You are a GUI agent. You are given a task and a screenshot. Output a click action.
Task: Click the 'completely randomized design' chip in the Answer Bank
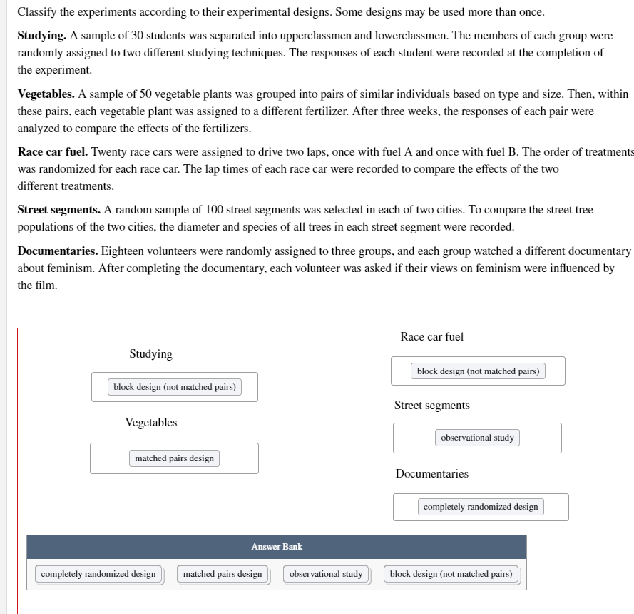[98, 574]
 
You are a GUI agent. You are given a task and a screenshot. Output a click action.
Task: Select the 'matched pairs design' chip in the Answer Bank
[223, 574]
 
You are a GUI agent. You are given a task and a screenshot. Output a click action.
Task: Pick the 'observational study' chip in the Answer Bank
[326, 574]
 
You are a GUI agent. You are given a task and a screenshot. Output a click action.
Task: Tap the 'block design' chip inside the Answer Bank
[451, 574]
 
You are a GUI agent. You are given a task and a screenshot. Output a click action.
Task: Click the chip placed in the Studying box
[175, 387]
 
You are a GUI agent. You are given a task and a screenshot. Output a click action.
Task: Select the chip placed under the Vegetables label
[174, 458]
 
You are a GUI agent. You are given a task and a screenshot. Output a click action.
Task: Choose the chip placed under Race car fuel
[478, 371]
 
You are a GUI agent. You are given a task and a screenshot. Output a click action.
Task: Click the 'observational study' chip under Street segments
[477, 438]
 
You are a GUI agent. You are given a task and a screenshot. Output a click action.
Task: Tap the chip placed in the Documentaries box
[481, 507]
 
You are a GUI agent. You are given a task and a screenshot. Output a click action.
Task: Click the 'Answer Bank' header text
[277, 547]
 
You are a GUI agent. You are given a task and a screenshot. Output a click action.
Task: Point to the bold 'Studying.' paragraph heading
[42, 35]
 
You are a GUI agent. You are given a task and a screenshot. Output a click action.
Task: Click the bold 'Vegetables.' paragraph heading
[46, 94]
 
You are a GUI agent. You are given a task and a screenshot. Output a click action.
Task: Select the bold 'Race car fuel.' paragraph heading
[52, 152]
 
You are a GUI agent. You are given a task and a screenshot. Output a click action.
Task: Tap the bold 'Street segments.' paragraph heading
[58, 210]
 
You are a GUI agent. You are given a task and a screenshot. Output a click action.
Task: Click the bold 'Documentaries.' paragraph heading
[58, 251]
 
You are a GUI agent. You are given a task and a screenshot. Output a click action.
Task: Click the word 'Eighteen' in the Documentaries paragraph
[122, 251]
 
